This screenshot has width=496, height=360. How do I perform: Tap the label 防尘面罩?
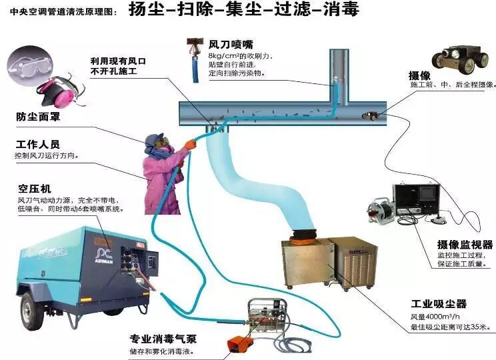(x=39, y=116)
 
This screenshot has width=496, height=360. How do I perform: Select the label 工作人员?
(x=38, y=144)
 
